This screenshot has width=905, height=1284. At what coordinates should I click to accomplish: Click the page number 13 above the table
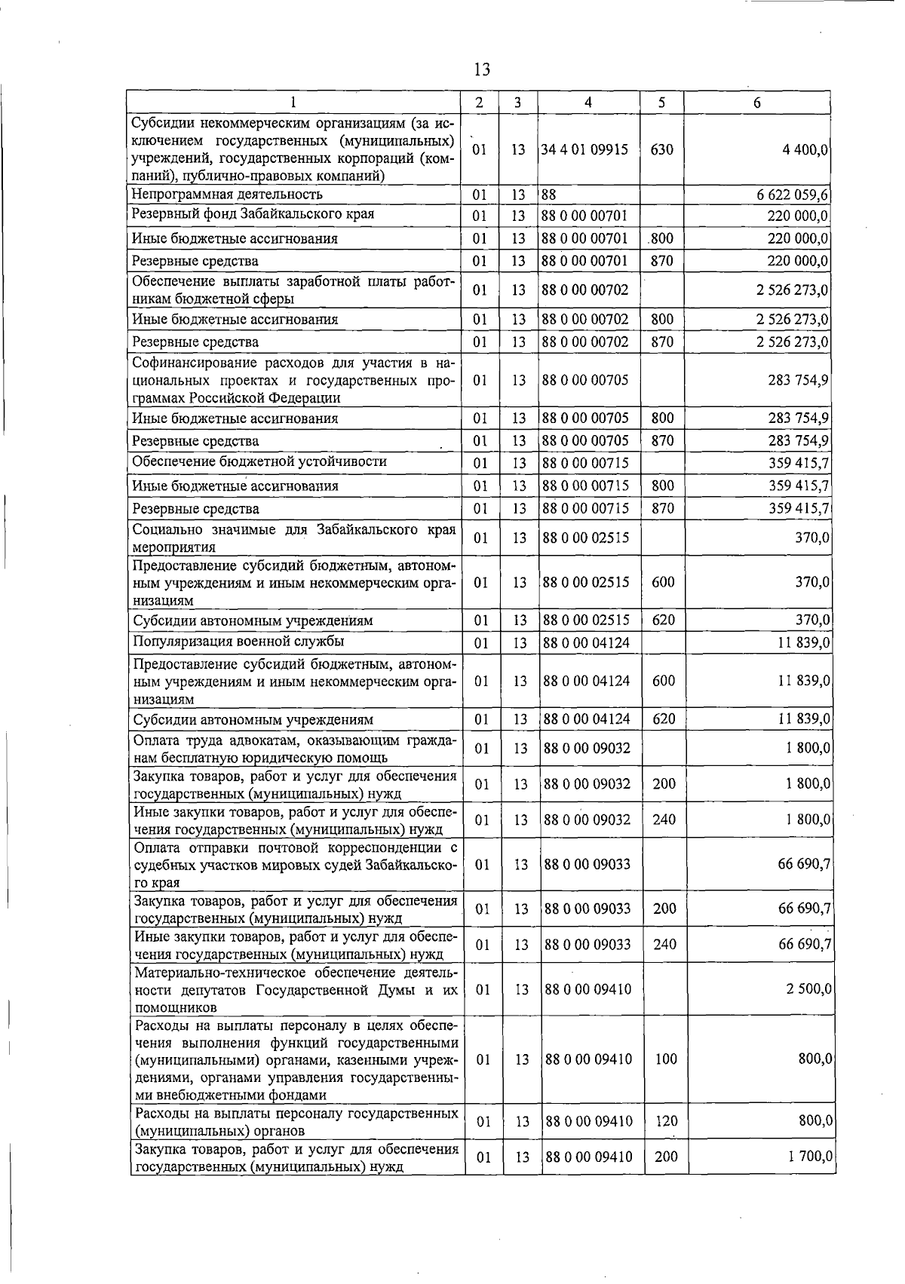(482, 70)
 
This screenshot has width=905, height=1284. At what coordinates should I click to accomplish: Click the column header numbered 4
(588, 103)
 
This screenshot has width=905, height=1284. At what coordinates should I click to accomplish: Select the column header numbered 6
(757, 103)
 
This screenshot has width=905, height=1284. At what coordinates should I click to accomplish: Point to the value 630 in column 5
(661, 149)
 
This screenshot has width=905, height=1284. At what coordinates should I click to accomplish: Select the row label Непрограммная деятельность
(227, 195)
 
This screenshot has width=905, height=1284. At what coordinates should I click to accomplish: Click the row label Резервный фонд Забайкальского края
(253, 214)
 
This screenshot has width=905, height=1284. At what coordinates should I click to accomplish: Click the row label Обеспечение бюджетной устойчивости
(260, 461)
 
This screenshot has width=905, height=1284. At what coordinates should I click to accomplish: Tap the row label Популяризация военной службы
(239, 642)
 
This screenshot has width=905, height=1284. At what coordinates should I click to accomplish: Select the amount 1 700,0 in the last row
(809, 1157)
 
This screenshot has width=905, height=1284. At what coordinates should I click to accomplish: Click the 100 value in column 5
(666, 1059)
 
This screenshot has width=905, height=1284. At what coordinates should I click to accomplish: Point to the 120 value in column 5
(666, 1121)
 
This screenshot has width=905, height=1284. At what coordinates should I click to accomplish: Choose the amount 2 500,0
(809, 988)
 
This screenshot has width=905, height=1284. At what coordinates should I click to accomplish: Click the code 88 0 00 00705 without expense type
(586, 380)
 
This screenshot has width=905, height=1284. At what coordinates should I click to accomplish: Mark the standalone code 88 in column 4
(550, 195)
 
